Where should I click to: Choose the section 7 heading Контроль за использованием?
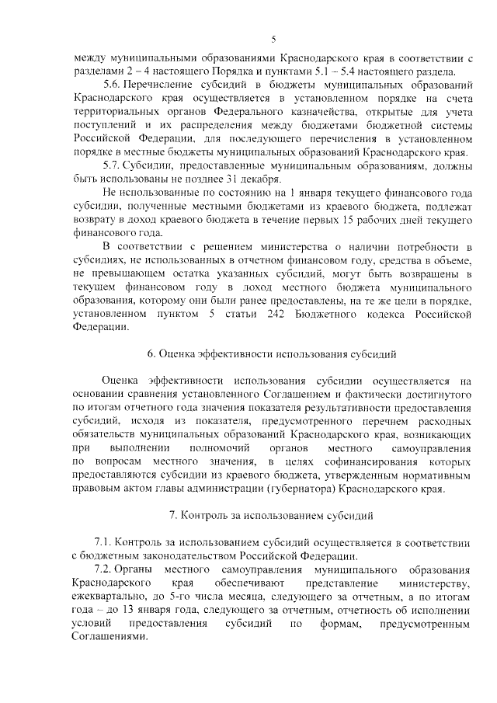point(272,514)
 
